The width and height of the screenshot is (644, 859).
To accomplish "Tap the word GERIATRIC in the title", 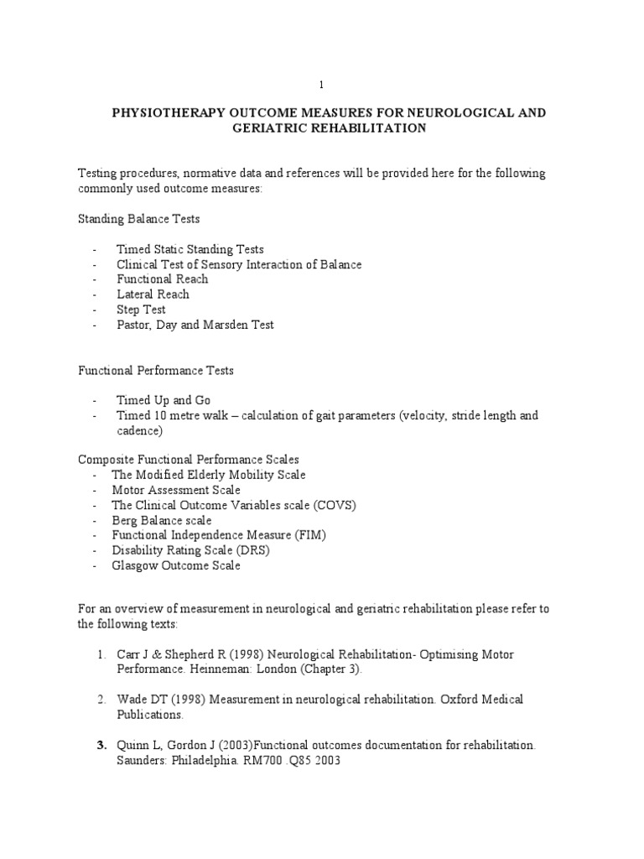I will [266, 128].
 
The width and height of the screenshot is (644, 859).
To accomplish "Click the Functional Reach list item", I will [163, 279].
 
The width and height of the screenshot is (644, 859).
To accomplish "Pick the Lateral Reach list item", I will [153, 294].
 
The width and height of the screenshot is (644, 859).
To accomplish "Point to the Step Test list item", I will [141, 310].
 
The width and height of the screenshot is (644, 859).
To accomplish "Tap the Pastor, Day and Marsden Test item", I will [195, 325].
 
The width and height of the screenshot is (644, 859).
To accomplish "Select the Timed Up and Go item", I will [158, 400].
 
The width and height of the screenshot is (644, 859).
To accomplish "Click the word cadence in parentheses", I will [139, 430].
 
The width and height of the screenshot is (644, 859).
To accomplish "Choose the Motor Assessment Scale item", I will [176, 490].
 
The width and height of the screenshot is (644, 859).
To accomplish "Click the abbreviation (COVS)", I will [340, 505].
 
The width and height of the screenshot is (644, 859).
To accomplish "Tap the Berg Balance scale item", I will [162, 520].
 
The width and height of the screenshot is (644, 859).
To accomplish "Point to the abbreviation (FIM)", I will [311, 535].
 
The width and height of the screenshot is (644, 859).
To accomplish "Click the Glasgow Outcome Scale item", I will [176, 565].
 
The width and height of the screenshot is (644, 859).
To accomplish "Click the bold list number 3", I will [101, 745].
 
